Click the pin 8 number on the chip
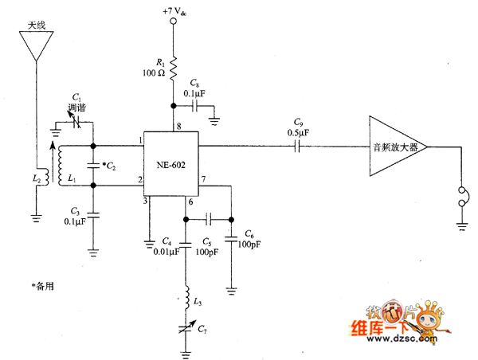coord(178,126)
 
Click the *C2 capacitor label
coord(110,165)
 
